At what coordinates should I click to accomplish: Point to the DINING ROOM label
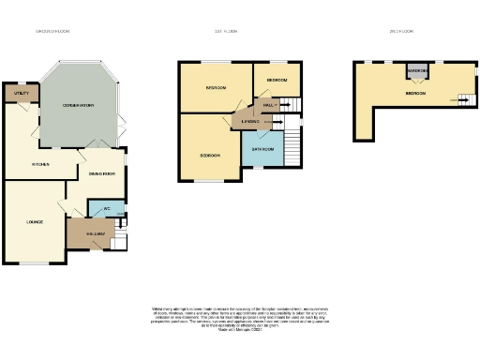pyautogui.click(x=101, y=173)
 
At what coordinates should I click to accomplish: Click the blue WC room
pyautogui.click(x=108, y=209)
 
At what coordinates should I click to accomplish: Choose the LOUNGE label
pyautogui.click(x=35, y=221)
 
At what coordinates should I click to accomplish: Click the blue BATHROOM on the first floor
pyautogui.click(x=262, y=149)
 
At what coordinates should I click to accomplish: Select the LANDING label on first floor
pyautogui.click(x=250, y=121)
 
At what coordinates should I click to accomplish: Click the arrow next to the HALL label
pyautogui.click(x=282, y=106)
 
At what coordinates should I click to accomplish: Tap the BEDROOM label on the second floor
pyautogui.click(x=417, y=94)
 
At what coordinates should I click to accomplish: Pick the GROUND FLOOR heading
pyautogui.click(x=52, y=31)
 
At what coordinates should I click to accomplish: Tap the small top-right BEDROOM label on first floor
pyautogui.click(x=277, y=81)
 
